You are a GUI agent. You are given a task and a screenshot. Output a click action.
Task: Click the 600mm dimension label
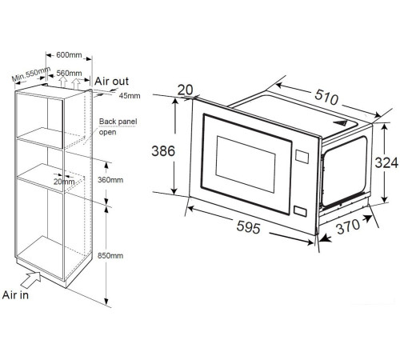tap(69, 55)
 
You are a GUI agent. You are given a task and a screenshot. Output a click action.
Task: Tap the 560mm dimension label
tap(69, 73)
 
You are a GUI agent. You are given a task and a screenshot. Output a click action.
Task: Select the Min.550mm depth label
tap(31, 74)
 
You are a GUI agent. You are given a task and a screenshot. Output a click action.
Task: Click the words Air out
tap(111, 81)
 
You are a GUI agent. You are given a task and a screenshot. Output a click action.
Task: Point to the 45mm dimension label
tap(130, 96)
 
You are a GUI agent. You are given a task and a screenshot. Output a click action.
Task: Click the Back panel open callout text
tap(118, 126)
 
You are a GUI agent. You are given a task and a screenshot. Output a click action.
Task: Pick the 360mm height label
tap(110, 180)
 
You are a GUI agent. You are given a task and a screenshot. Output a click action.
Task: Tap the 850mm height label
tap(110, 256)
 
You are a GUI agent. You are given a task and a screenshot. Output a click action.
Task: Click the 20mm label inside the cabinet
tap(64, 182)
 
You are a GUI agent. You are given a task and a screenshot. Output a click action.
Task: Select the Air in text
tap(15, 295)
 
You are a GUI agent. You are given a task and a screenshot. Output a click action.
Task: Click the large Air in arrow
tap(30, 280)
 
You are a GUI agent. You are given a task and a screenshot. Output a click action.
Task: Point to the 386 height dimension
tap(163, 151)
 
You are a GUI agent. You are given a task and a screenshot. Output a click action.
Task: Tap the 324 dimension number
tap(386, 162)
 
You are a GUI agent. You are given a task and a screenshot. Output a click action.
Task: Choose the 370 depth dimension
tap(348, 227)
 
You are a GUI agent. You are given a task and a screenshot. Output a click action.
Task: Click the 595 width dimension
tap(248, 227)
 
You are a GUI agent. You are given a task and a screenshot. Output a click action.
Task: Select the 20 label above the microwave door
tap(185, 90)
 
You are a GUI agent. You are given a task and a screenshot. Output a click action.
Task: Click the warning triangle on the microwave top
tap(340, 123)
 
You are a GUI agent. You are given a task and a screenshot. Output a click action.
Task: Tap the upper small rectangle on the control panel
tap(302, 157)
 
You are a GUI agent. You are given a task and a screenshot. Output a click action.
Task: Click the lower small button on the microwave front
tap(300, 211)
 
